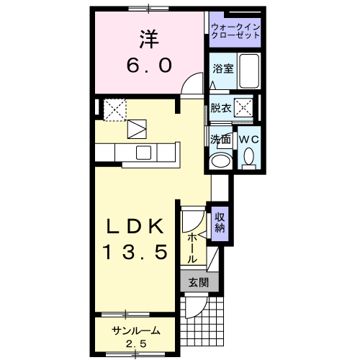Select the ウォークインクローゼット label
pos(235,31)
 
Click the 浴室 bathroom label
pos(222,69)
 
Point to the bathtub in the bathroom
pos(248,71)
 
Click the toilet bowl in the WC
pos(249,156)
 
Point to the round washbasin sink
pos(220,160)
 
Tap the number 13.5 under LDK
pos(135,252)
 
